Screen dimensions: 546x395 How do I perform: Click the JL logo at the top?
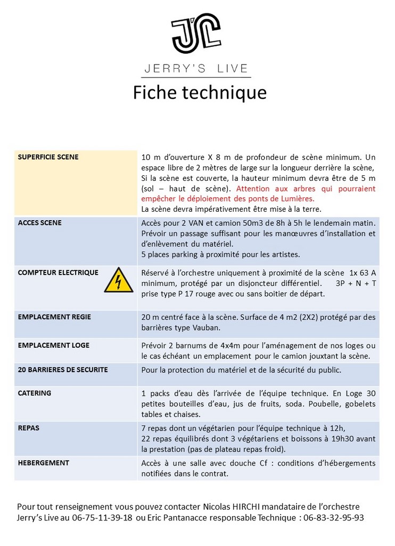pos(196,34)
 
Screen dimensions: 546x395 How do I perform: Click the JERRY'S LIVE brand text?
pos(197,68)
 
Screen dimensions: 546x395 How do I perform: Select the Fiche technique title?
pos(199,92)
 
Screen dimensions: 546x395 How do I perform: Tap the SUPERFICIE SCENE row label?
pos(48,157)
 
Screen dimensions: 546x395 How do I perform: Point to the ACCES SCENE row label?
pos(40,223)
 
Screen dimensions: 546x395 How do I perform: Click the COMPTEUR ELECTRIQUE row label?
pos(58,272)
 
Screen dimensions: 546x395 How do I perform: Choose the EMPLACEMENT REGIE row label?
pos(54,317)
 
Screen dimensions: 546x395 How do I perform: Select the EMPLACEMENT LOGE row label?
pos(53,345)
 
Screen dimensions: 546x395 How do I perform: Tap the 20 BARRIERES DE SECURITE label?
pos(63,370)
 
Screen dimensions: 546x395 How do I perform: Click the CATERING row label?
pos(35,393)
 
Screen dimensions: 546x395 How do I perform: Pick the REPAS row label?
pos(29,428)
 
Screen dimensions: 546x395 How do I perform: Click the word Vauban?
pos(204,327)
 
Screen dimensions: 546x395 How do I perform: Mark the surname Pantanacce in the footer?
pos(188,518)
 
